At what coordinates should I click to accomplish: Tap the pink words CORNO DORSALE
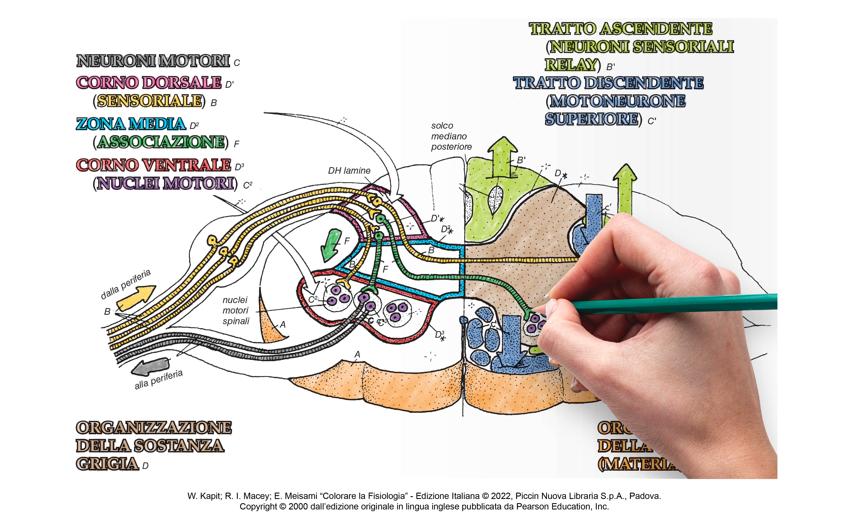pyautogui.click(x=149, y=83)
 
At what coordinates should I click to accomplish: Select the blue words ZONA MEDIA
pyautogui.click(x=131, y=124)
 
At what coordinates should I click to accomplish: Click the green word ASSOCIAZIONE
pyautogui.click(x=161, y=142)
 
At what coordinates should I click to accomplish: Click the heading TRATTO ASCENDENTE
pyautogui.click(x=620, y=29)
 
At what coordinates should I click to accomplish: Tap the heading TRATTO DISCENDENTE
pyautogui.click(x=608, y=83)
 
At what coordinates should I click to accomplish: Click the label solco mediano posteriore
pyautogui.click(x=451, y=136)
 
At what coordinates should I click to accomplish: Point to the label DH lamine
pyautogui.click(x=349, y=171)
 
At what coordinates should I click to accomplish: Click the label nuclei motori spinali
pyautogui.click(x=236, y=310)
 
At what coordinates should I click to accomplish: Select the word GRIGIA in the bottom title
pyautogui.click(x=107, y=464)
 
